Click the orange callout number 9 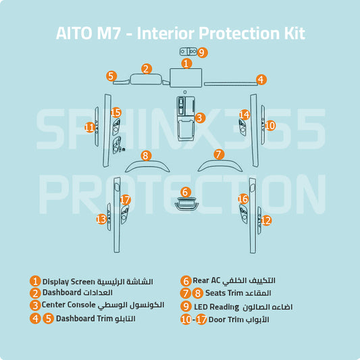coord(203,52)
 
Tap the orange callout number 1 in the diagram coord(187,62)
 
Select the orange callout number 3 coord(199,118)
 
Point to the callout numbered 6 coord(185,192)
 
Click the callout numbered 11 coord(90,127)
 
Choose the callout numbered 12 coord(266,220)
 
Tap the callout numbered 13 coord(101,219)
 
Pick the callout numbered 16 coord(243,199)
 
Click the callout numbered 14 coord(245,115)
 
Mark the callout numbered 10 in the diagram coord(270,126)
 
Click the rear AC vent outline coord(185,204)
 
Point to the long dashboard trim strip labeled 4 coord(230,84)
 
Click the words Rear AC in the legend coord(206,280)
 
